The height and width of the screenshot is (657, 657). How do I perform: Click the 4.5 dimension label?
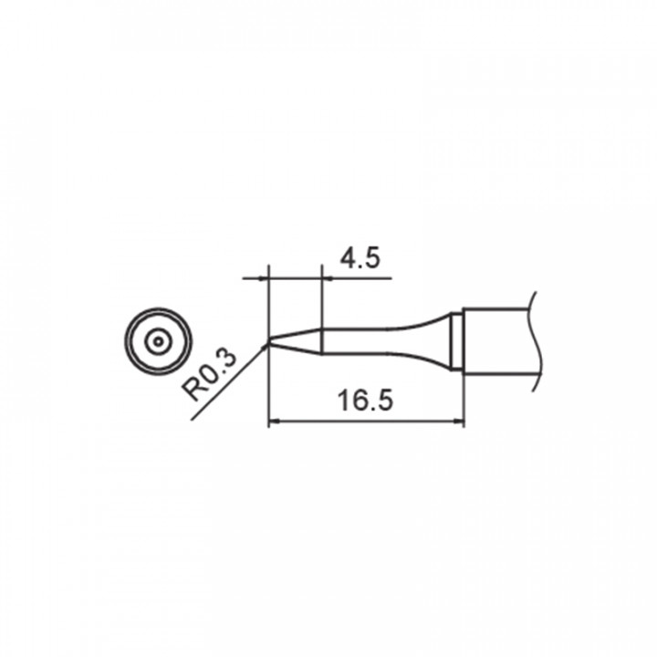click(360, 258)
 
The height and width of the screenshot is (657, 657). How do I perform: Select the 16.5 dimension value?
click(365, 401)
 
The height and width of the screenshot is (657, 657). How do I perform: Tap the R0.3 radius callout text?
click(209, 376)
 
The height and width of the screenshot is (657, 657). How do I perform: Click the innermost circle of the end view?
click(158, 341)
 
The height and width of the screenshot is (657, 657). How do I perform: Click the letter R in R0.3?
click(193, 391)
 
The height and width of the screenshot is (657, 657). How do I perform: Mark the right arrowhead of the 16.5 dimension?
click(459, 421)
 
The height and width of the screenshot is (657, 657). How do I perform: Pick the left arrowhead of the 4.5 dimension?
click(264, 277)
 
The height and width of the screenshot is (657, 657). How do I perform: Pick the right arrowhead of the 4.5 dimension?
click(328, 277)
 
